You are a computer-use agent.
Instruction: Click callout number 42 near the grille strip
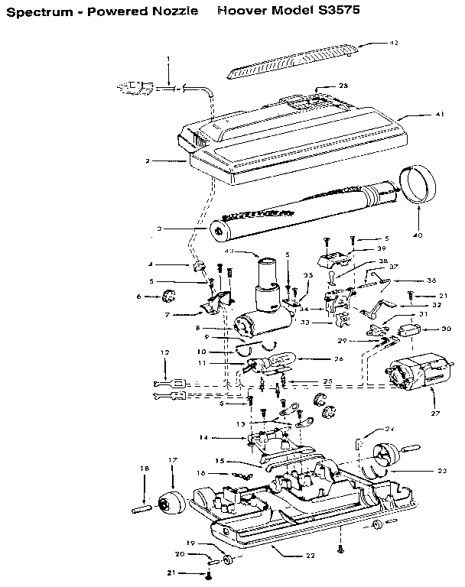point(394,43)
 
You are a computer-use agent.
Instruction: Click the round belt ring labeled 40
point(417,186)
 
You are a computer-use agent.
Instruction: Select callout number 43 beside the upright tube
point(229,251)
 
